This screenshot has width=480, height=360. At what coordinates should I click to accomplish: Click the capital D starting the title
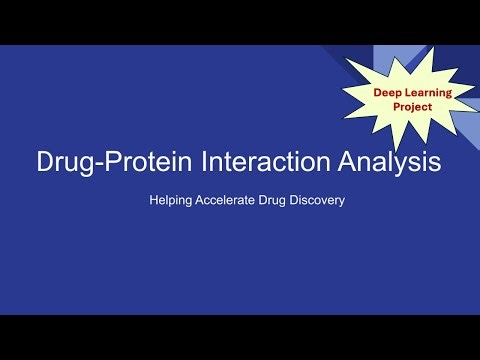coord(42,162)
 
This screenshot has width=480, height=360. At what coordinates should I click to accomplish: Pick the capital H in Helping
coord(153,200)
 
